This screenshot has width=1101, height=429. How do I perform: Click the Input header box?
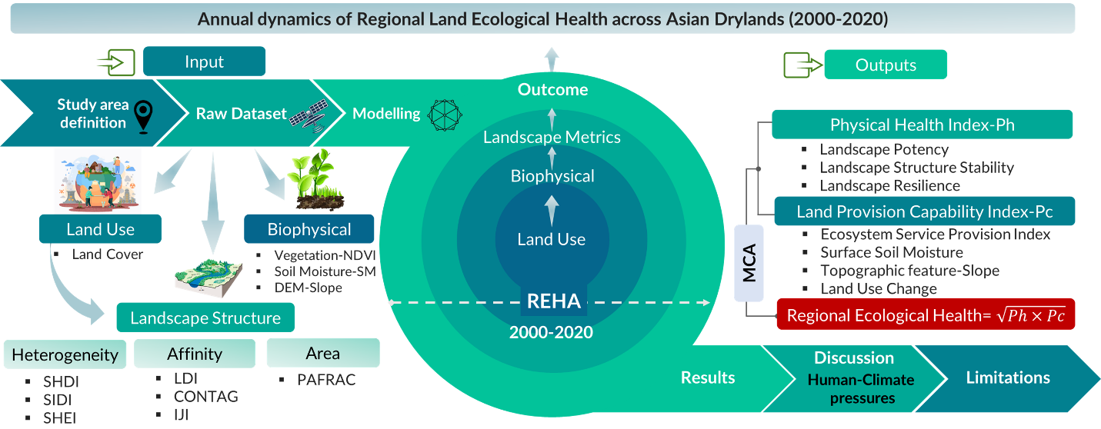coord(204,62)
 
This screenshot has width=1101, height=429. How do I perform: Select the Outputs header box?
coord(886,65)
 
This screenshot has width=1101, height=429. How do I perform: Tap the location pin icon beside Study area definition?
coord(144,116)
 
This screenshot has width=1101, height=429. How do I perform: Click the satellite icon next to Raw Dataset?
coord(309,116)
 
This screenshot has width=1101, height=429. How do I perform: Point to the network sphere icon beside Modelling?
coord(445,115)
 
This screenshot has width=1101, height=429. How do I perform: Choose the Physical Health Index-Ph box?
coord(922,125)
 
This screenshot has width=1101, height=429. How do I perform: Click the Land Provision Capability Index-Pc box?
coord(925,211)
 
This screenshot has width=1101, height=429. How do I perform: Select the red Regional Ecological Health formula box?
coord(926,314)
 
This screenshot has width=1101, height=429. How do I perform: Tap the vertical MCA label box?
coord(749,263)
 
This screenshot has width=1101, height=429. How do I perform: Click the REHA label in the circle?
coord(553,301)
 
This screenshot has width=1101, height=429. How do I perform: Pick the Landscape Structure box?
coord(205,318)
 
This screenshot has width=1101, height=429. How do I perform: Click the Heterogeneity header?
coord(65,354)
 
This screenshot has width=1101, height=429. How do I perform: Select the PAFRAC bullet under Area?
coord(326,379)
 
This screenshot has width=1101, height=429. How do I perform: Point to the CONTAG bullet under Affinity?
coord(206,397)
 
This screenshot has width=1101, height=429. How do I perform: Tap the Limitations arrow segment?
coord(1008,378)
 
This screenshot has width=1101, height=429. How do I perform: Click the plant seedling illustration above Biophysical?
coord(316,180)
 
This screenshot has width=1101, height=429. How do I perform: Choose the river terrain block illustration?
coord(209,277)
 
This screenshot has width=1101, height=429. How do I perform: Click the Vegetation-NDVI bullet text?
coord(325,255)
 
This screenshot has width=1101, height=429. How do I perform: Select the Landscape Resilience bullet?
coord(889,185)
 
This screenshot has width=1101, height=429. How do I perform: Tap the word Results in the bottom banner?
coord(708,377)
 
